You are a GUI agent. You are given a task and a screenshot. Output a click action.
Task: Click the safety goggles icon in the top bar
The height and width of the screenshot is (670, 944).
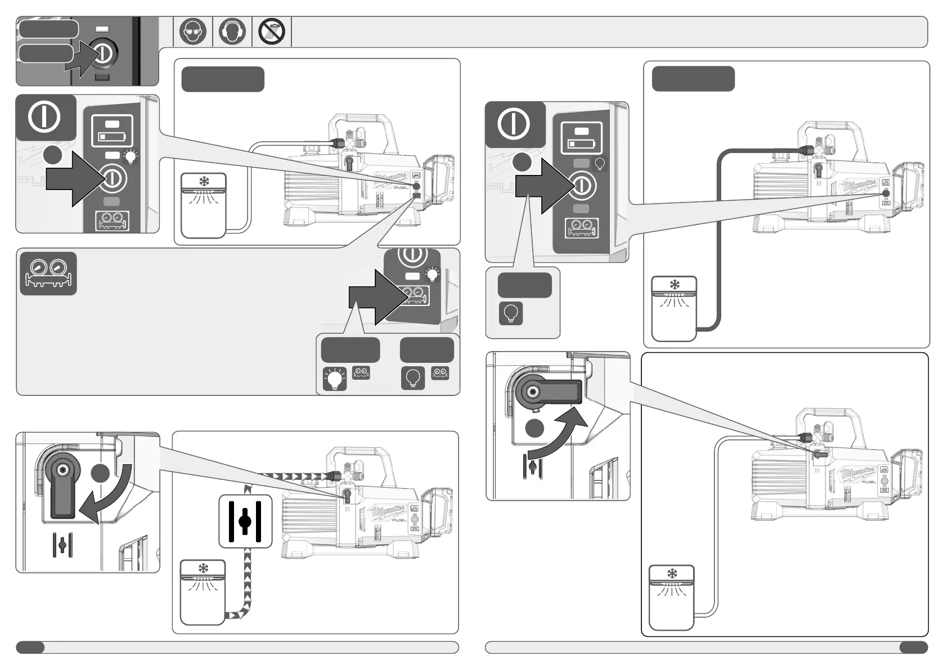[193, 32]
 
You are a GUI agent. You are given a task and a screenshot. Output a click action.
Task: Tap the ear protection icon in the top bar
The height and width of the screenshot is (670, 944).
[232, 32]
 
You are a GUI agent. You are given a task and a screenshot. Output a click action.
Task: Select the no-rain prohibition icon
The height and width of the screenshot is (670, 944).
[272, 32]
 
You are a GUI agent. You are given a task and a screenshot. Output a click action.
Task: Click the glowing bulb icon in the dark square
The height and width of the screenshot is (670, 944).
[334, 379]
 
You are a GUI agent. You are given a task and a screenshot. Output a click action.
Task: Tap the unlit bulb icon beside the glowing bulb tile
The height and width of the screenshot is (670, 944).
[412, 378]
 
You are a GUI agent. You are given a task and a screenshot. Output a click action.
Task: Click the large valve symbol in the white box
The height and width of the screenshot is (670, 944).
[245, 521]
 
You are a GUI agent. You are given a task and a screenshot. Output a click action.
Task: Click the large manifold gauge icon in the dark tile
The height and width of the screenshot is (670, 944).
[48, 273]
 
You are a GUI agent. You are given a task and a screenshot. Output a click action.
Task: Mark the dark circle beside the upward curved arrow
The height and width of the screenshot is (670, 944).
[535, 428]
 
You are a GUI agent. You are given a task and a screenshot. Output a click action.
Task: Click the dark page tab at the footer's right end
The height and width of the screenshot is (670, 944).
[913, 647]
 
